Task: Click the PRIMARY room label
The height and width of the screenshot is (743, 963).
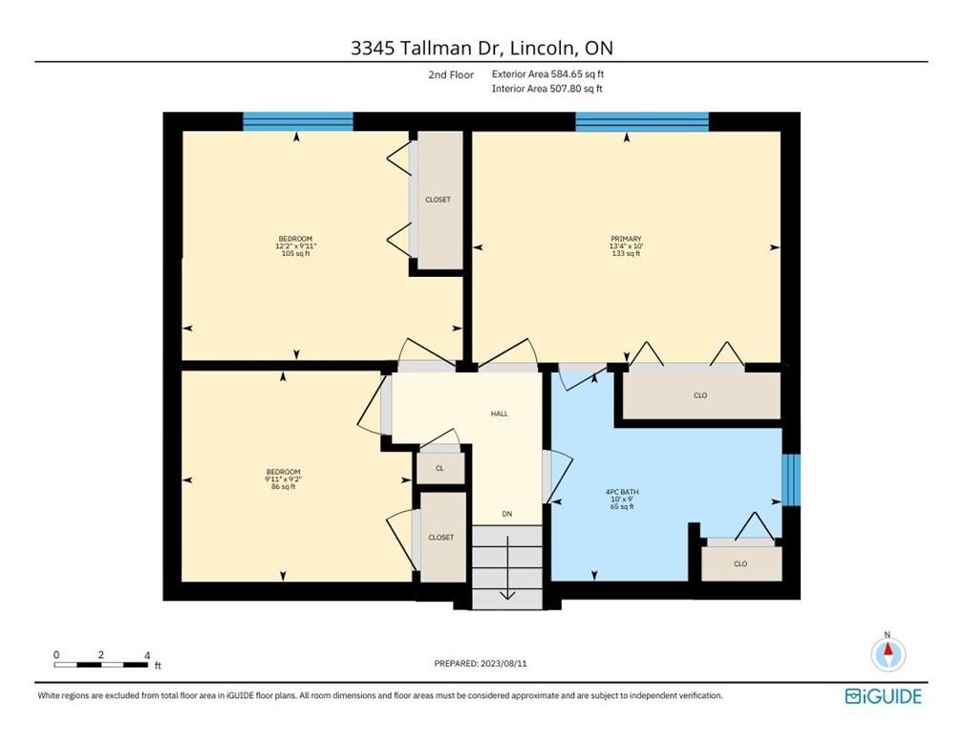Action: pos(626,239)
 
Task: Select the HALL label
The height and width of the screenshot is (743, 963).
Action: pos(499,414)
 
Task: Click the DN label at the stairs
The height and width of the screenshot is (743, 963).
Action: pos(507,515)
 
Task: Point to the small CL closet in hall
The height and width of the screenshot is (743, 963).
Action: pos(439,468)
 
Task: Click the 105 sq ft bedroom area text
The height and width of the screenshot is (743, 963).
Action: pos(295,254)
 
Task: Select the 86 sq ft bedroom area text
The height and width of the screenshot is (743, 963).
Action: pos(283,487)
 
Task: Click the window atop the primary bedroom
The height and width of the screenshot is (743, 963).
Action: pos(642,121)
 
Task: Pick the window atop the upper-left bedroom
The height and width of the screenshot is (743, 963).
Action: pos(298,121)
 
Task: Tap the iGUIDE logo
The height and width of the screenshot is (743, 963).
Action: pos(883,696)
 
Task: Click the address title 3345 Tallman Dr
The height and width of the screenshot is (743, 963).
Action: pos(481,47)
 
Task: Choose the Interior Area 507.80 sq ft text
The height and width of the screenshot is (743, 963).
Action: pos(547,89)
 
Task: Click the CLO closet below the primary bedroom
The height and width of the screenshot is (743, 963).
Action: pos(701,394)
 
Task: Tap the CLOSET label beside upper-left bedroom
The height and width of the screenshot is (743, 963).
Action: pos(438,200)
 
